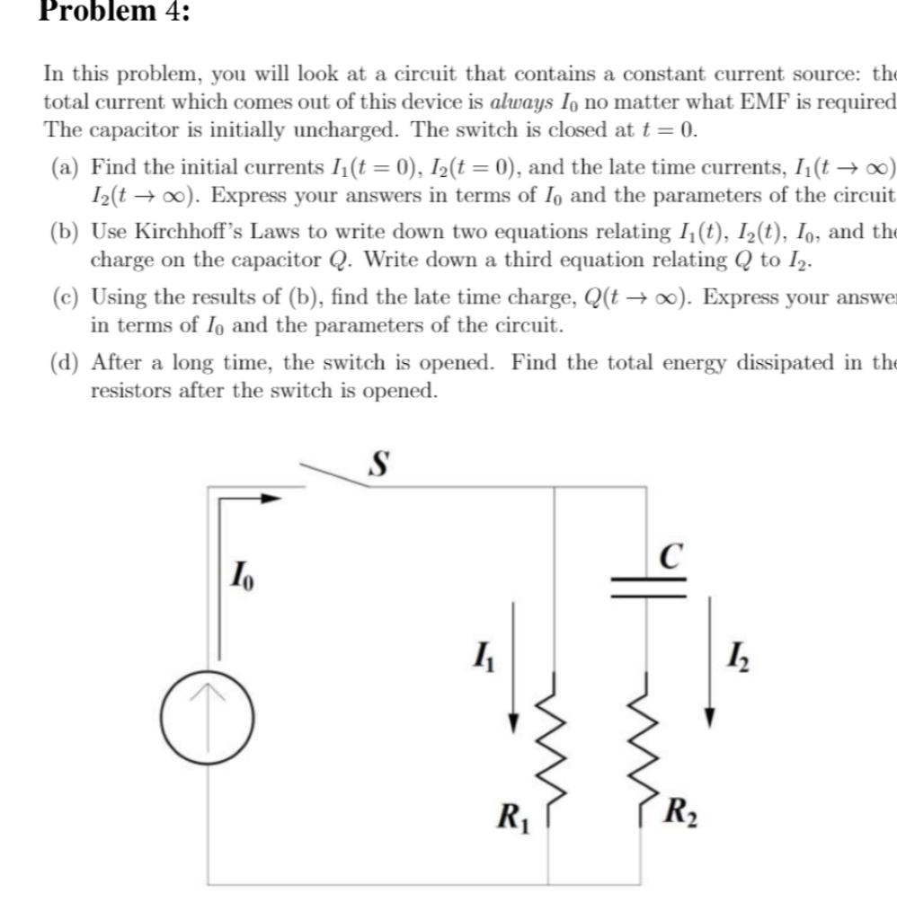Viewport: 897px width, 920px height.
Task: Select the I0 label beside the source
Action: click(x=243, y=572)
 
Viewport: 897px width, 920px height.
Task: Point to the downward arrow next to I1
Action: click(x=513, y=665)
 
